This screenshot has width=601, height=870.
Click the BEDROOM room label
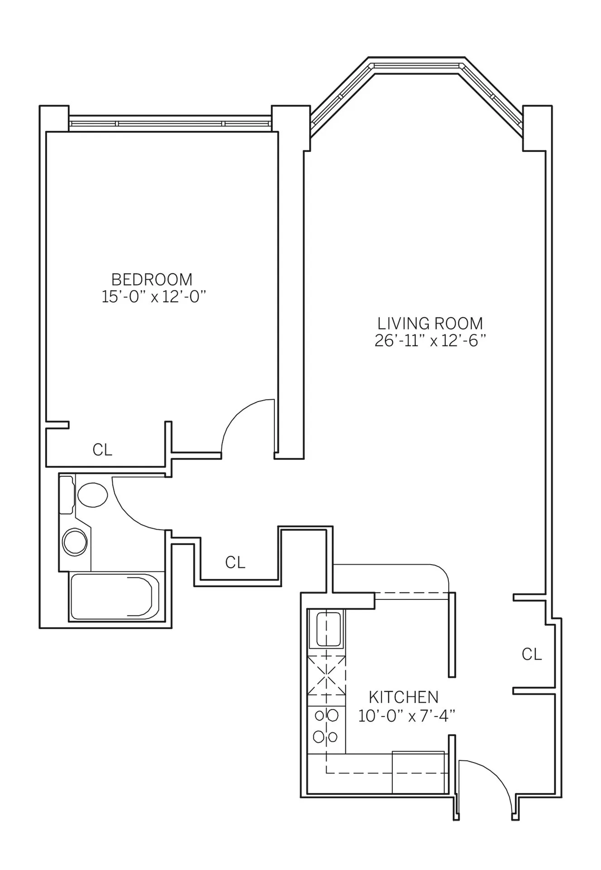[152, 279]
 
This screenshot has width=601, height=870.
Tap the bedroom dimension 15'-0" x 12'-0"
[154, 297]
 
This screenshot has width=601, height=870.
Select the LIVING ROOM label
[430, 323]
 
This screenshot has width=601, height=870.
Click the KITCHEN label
[403, 696]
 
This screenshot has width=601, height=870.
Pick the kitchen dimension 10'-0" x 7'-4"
[406, 716]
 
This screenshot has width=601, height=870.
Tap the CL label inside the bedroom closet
[102, 450]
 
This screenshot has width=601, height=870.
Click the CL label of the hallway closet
[235, 562]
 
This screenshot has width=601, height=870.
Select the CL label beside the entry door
[531, 654]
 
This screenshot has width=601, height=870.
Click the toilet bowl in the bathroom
[93, 494]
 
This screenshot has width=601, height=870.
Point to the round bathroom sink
[75, 541]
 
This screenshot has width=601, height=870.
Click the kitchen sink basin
[328, 629]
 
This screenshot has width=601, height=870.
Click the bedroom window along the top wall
[170, 123]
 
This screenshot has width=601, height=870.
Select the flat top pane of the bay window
[417, 66]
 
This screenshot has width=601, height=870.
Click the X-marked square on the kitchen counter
[326, 675]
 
